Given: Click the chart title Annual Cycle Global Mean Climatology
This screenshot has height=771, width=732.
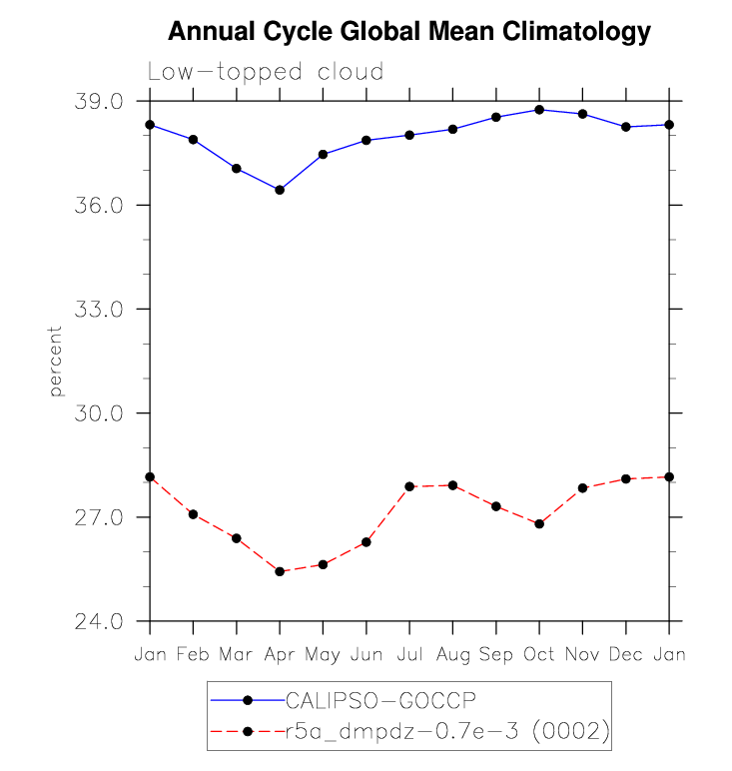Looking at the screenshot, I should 408,32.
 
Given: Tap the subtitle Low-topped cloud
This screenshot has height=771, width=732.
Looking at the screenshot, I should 266,72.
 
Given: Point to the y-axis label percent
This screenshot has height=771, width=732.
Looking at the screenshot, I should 56,361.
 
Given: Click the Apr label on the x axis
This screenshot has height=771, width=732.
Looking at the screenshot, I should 280,654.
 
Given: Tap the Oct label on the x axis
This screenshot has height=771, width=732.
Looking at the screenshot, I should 539,654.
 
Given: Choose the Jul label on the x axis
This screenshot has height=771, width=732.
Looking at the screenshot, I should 409,654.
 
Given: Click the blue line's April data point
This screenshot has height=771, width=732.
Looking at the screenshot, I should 280,190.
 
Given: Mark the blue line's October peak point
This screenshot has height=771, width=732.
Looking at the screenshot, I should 539,110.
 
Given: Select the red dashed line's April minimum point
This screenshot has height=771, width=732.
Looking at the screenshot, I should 280,571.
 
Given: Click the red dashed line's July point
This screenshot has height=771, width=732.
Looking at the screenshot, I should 409,486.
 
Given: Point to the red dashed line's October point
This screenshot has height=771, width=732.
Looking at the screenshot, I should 539,523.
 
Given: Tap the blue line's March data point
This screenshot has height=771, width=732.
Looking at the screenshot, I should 237,168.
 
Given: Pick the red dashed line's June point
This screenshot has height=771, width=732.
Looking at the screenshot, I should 366,542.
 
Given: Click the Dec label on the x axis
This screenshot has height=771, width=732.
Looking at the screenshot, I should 626,654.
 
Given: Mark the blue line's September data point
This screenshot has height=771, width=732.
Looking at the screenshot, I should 496,117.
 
